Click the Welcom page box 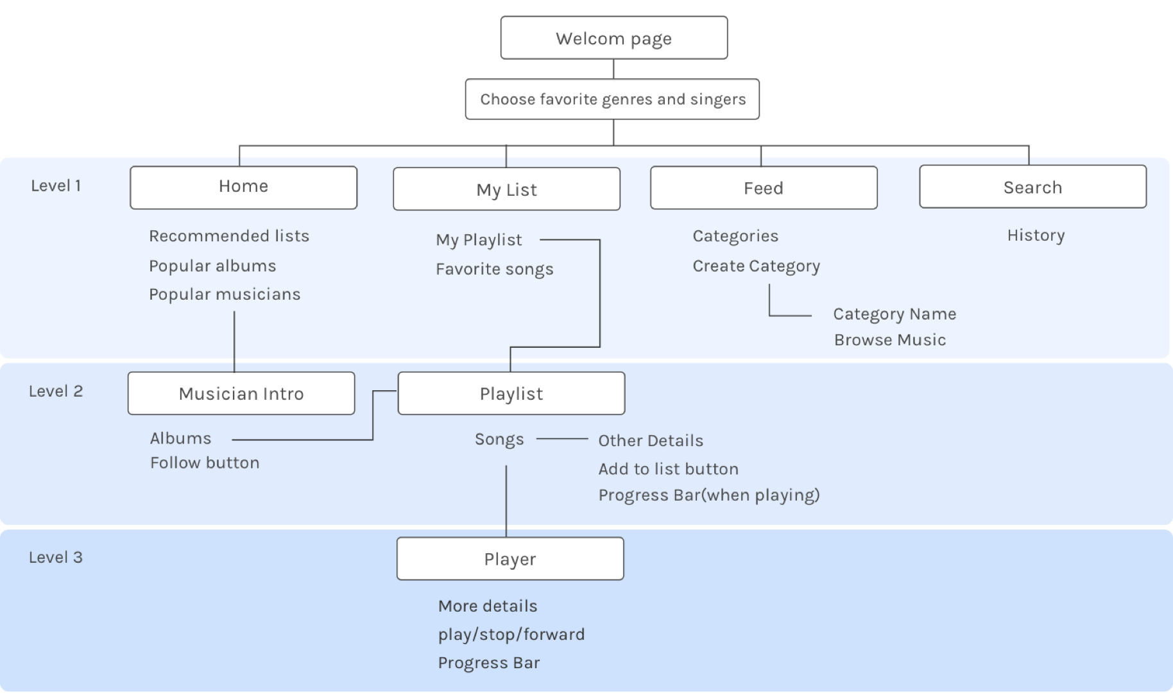click(614, 38)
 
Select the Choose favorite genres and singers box click(612, 99)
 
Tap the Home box click(243, 187)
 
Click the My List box click(506, 189)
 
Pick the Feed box click(764, 187)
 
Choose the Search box click(1032, 186)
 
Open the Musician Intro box click(241, 393)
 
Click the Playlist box click(511, 393)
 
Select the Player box click(510, 558)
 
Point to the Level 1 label click(56, 185)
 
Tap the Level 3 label click(56, 557)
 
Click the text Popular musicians click(225, 294)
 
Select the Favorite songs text click(494, 269)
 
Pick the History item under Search click(1036, 236)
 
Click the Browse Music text click(890, 340)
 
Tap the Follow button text click(205, 463)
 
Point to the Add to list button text click(668, 469)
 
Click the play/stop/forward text click(511, 634)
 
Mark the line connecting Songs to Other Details click(562, 439)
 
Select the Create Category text click(756, 266)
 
